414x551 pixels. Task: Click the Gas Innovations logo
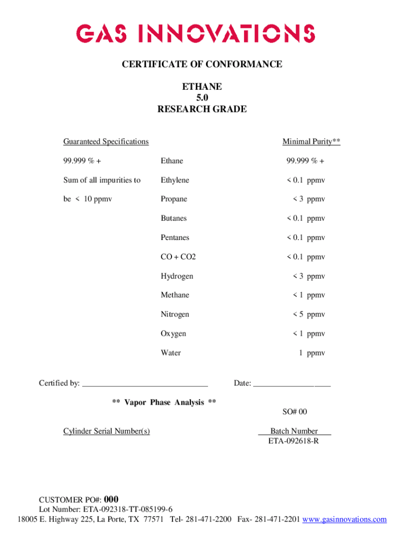(196, 34)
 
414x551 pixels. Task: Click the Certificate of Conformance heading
(202, 65)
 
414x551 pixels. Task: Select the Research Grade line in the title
(202, 109)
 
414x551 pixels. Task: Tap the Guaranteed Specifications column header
(106, 142)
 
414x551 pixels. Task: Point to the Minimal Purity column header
(311, 142)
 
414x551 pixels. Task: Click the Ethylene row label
(175, 180)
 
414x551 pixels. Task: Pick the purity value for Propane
(309, 199)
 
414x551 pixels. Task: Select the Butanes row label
(174, 218)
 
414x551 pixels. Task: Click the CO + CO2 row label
(178, 257)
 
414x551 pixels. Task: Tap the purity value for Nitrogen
(309, 314)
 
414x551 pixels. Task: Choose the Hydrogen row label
(177, 276)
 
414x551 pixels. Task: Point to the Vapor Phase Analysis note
(164, 402)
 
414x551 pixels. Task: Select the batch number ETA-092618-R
(294, 442)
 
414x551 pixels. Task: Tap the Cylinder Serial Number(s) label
(106, 431)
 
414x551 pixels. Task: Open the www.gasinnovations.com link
(345, 519)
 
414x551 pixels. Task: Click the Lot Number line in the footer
(106, 509)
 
